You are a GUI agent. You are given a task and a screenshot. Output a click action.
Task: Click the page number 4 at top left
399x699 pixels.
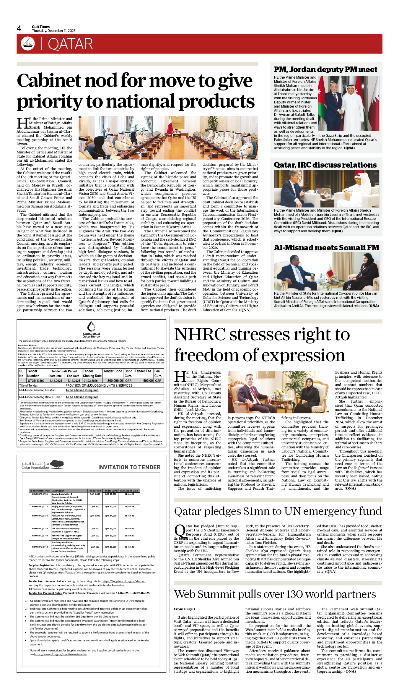point(19,28)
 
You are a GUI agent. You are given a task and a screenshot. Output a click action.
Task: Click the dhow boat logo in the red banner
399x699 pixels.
point(28,44)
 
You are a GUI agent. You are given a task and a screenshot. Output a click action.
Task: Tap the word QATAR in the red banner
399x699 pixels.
point(70,44)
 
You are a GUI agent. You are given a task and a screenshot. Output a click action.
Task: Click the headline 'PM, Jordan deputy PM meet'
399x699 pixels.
point(325,69)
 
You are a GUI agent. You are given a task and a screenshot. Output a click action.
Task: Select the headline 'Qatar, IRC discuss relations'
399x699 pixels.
point(325,165)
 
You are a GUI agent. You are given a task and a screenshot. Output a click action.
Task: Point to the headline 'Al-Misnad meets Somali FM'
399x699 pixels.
point(326,248)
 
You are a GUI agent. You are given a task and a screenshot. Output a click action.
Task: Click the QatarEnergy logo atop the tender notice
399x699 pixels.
point(91,329)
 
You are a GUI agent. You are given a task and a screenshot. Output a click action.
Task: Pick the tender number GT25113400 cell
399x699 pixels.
point(36,381)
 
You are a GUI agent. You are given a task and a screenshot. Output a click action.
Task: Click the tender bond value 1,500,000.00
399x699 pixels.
point(114,381)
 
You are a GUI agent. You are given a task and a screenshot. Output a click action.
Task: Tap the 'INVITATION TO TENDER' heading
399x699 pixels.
point(129,467)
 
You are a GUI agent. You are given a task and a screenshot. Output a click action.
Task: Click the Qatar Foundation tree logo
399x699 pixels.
point(57,464)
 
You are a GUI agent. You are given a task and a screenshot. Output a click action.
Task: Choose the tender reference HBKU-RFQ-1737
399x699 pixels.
point(40,528)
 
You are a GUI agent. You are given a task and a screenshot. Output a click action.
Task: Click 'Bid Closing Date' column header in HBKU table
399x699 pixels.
point(129,491)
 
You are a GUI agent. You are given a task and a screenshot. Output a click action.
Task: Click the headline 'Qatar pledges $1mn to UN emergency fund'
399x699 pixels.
point(278,511)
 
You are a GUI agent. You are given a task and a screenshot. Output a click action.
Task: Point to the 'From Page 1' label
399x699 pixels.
point(184,609)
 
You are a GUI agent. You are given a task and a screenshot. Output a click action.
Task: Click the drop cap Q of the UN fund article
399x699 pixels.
point(180,531)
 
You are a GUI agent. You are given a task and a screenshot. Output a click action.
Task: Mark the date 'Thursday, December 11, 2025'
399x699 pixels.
point(54,31)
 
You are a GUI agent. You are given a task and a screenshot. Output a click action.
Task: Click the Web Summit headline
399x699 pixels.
point(275,594)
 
